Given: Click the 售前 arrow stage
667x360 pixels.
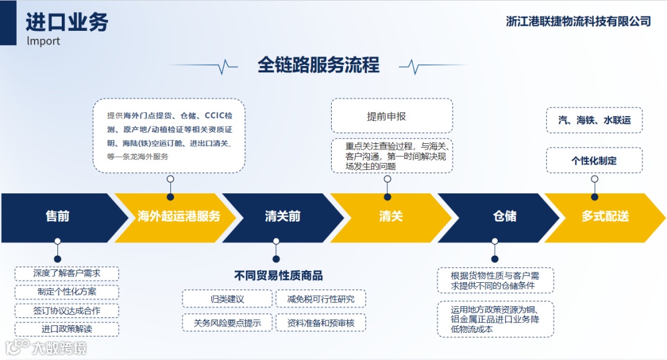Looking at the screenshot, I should click(57, 217).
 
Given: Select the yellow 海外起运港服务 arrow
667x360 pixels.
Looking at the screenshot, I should click(178, 217).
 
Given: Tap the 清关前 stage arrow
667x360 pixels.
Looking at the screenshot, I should click(282, 217).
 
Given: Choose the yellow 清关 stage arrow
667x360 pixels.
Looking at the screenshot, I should click(391, 217).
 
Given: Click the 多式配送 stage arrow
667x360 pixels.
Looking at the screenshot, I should click(605, 217).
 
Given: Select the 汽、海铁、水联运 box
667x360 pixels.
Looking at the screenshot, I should click(594, 120).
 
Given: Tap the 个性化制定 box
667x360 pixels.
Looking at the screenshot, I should click(594, 161).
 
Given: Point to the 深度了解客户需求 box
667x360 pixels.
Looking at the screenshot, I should click(67, 274).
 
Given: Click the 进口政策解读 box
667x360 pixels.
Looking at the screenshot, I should click(67, 329).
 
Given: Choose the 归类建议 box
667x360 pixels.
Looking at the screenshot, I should click(227, 299).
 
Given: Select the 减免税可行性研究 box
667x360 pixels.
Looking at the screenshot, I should click(321, 299).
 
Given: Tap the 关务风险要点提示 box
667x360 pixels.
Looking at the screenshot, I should click(227, 322).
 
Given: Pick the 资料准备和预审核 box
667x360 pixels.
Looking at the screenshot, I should click(321, 322).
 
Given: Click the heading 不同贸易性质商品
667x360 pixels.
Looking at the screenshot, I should click(278, 275).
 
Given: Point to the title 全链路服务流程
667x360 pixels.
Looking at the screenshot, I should click(319, 65).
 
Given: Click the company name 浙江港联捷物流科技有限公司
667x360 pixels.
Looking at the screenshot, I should click(578, 22).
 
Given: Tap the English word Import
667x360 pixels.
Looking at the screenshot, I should click(43, 41).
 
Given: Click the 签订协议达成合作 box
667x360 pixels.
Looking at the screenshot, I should click(67, 311).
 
